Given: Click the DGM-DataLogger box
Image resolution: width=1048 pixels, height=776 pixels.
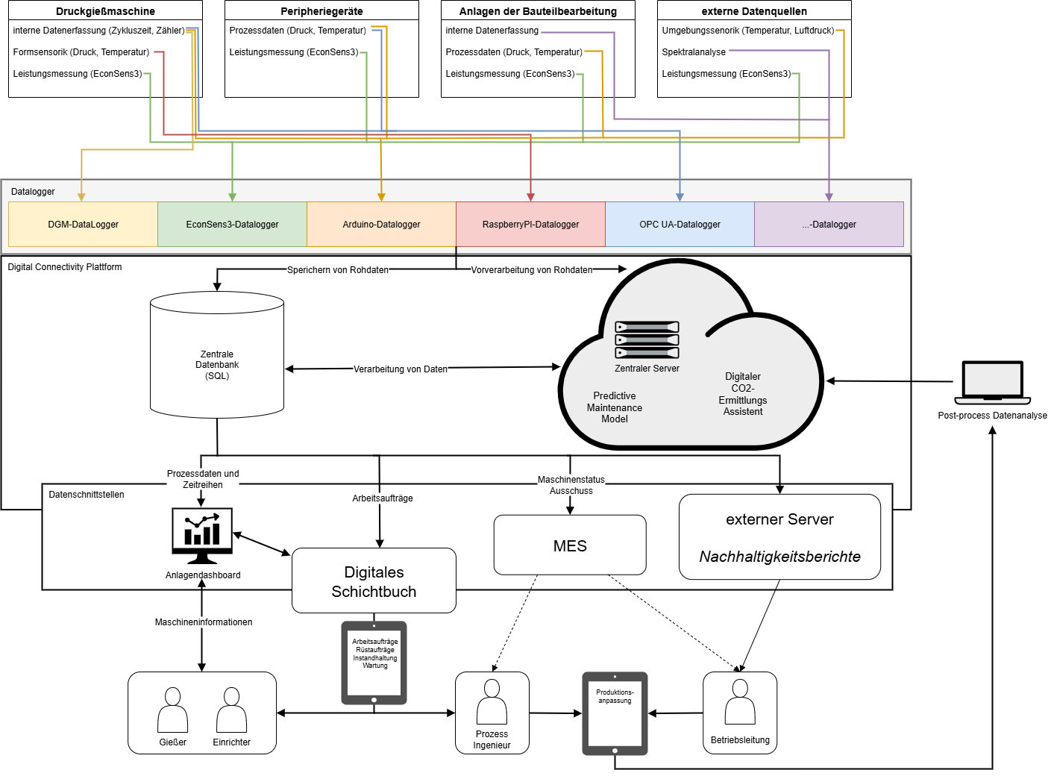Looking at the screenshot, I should [83, 224].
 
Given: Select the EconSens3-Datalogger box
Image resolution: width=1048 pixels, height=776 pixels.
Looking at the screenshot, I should [232, 224].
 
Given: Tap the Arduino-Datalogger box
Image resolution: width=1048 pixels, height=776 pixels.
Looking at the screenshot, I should [381, 224].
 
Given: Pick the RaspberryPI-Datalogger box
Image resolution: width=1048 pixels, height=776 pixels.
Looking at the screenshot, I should [530, 224].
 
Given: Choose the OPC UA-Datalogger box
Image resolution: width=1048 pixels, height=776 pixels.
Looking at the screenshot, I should [680, 224].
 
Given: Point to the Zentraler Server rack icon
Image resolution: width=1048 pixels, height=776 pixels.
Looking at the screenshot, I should [647, 339].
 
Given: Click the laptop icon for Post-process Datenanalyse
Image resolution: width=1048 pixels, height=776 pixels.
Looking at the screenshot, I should [992, 382].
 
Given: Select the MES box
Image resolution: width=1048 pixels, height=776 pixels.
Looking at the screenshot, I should [570, 545].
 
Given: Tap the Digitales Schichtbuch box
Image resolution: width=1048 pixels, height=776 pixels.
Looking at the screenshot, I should [374, 581].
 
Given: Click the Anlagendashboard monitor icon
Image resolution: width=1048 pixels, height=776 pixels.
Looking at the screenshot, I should [202, 536].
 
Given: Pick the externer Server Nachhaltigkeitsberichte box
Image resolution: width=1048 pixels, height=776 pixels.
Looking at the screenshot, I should [779, 537].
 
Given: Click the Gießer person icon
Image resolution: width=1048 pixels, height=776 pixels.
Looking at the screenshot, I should [172, 710].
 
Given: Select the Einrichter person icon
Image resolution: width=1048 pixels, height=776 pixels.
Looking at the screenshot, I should [231, 710].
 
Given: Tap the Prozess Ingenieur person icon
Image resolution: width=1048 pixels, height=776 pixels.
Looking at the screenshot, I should [492, 702].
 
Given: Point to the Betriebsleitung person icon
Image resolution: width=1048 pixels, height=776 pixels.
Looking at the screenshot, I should [740, 702].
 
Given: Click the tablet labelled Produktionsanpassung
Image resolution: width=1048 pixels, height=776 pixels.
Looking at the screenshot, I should [615, 713].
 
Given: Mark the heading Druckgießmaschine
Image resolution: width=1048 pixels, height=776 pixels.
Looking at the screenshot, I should [105, 11].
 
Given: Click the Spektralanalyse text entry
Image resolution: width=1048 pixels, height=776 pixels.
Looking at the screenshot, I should [694, 52].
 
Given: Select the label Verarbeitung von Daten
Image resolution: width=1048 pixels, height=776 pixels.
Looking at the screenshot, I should [401, 369].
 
